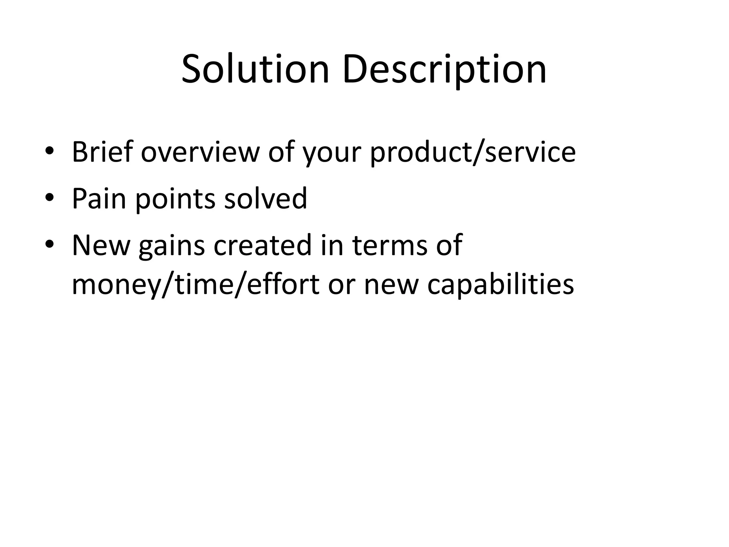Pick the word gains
(172, 246)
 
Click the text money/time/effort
(195, 285)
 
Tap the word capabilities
(500, 285)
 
